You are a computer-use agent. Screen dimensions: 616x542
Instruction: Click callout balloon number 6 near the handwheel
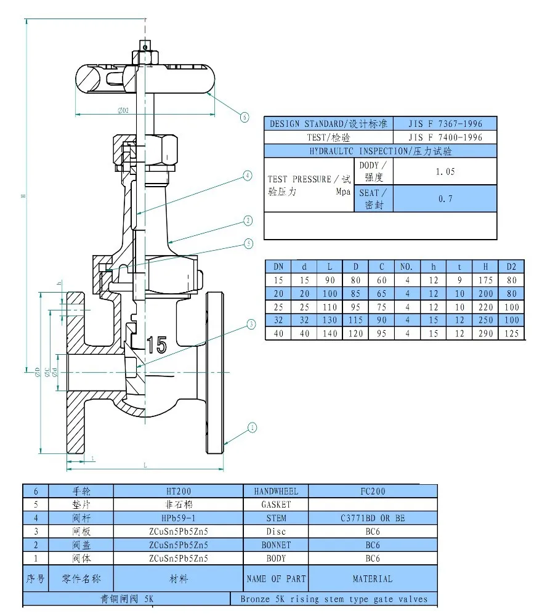(245, 116)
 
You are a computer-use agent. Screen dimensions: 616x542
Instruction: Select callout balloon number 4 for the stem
(247, 176)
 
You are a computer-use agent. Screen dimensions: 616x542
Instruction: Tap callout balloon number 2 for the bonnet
(248, 221)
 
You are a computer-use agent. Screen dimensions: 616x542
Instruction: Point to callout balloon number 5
(248, 243)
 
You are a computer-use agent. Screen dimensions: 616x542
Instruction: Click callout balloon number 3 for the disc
(251, 324)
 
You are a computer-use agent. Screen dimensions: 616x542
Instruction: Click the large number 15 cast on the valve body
(156, 344)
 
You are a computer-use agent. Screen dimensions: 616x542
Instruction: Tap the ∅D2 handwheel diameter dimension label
(123, 111)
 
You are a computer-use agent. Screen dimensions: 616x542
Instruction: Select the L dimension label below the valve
(145, 465)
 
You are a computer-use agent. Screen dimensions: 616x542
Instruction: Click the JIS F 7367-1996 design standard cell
(445, 124)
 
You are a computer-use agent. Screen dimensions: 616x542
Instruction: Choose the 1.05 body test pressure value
(445, 171)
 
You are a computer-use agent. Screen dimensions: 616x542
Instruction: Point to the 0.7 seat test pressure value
(445, 198)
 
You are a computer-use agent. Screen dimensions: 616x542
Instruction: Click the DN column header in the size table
(278, 266)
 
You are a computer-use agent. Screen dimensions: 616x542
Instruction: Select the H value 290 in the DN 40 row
(485, 333)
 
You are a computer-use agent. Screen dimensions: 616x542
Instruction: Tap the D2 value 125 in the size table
(511, 333)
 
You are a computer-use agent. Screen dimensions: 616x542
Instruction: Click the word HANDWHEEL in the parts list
(275, 491)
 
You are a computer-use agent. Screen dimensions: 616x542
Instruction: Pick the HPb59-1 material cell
(179, 518)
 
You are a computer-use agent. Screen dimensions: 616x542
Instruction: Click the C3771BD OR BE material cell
(373, 518)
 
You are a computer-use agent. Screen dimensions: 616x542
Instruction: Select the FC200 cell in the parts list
(373, 491)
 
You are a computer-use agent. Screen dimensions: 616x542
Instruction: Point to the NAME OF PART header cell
(275, 578)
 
